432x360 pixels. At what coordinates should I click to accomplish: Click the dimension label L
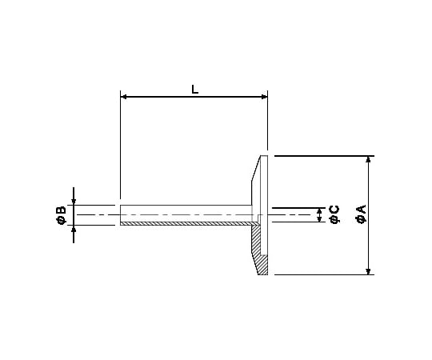click(x=194, y=90)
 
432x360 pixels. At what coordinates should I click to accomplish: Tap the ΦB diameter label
click(x=61, y=214)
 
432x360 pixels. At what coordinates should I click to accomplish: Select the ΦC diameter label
click(x=334, y=214)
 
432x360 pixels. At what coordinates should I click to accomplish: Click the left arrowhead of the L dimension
click(x=124, y=98)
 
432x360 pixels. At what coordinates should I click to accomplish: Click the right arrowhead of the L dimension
click(x=263, y=98)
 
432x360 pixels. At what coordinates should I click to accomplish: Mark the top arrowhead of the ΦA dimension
click(x=368, y=160)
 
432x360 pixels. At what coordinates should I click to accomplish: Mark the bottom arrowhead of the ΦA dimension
click(x=368, y=270)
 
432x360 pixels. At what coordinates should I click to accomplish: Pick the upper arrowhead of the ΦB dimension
click(x=74, y=201)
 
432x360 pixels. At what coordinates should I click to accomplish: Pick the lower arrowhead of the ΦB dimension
click(x=74, y=229)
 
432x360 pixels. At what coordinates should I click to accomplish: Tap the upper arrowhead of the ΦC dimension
click(x=320, y=210)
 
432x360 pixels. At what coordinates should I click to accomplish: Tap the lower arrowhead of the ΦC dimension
click(x=320, y=218)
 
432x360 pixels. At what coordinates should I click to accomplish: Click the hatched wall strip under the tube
click(x=184, y=223)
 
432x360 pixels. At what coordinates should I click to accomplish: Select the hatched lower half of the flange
click(x=260, y=248)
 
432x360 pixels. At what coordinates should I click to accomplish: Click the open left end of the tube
click(x=120, y=214)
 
